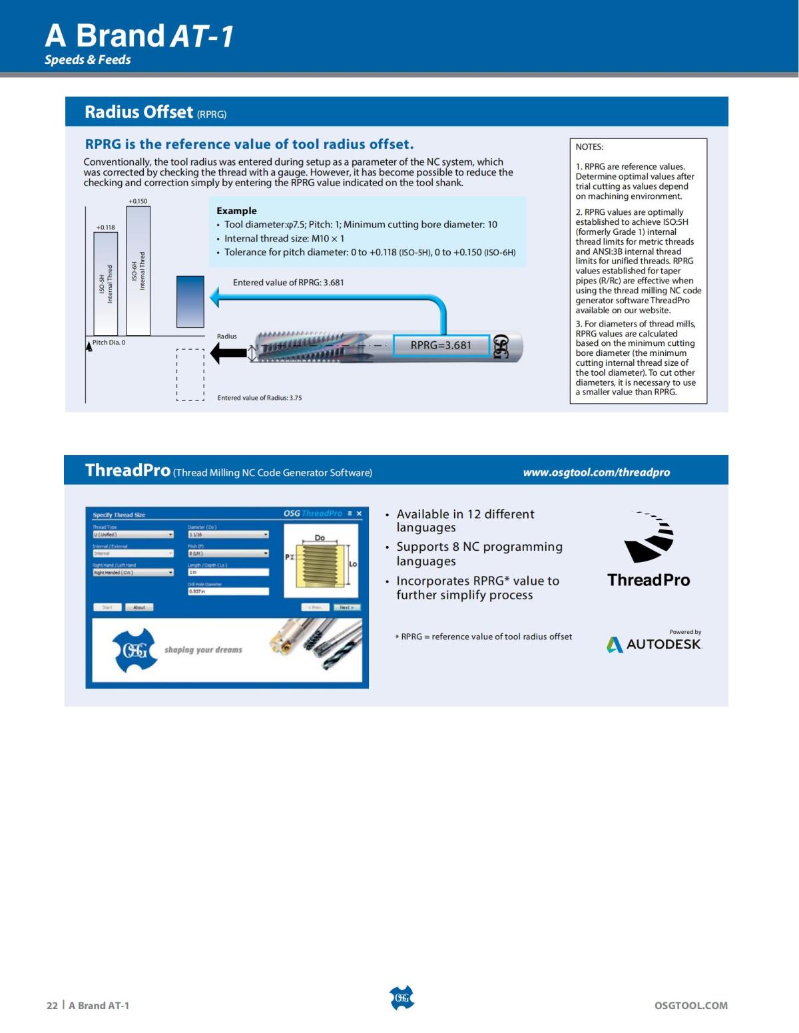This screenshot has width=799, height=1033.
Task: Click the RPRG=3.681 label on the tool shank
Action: [x=441, y=345]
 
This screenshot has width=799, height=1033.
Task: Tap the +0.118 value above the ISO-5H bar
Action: [x=106, y=227]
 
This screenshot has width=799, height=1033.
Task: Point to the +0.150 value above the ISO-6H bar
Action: [x=138, y=201]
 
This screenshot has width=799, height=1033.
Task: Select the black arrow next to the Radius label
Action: [x=228, y=353]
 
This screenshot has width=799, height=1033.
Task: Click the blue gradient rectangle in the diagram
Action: [x=190, y=302]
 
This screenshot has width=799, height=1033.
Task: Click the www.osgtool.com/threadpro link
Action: [x=596, y=472]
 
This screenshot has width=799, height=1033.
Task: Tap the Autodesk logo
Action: [x=654, y=644]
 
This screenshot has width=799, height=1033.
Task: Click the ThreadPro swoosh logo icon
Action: [x=649, y=537]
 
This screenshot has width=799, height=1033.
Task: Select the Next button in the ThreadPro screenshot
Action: [x=346, y=607]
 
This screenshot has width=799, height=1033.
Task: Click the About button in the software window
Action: [x=139, y=607]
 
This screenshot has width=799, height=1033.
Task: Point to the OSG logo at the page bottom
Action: [x=401, y=998]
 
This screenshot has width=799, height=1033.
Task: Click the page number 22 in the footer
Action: [x=52, y=1006]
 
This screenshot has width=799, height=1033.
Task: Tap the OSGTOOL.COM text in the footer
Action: [x=690, y=1006]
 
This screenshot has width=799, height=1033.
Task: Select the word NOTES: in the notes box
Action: [x=589, y=147]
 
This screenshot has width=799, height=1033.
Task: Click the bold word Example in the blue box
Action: [x=236, y=211]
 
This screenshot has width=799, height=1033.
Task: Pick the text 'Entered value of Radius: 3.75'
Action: [x=260, y=398]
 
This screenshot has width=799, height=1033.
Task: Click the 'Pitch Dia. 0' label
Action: [x=109, y=343]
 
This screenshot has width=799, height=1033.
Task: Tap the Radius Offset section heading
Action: [x=138, y=112]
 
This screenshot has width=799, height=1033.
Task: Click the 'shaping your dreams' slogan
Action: [x=203, y=650]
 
